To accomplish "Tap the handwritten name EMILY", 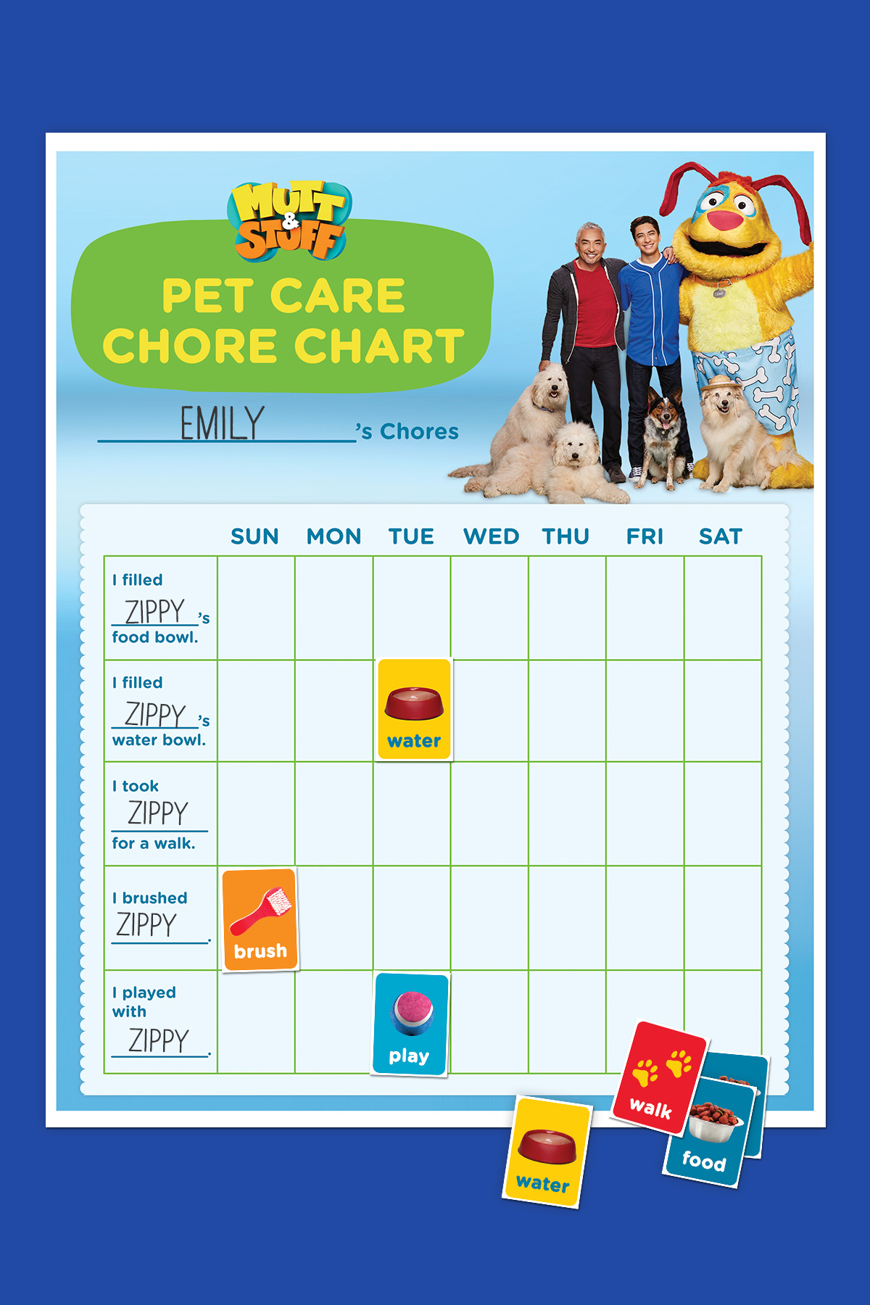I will pyautogui.click(x=222, y=424).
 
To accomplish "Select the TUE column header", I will pyautogui.click(x=411, y=536).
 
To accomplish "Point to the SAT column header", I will pyautogui.click(x=721, y=536).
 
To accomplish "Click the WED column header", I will pyautogui.click(x=491, y=536).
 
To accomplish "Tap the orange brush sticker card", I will pyautogui.click(x=260, y=919).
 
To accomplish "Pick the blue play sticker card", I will pyautogui.click(x=410, y=1024).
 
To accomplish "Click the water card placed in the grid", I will pyautogui.click(x=414, y=709).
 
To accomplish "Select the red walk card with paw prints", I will pyautogui.click(x=658, y=1077).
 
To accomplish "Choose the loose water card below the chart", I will pyautogui.click(x=546, y=1152).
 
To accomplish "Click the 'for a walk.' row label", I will pyautogui.click(x=154, y=843).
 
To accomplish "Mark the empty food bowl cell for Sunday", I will pyautogui.click(x=256, y=608).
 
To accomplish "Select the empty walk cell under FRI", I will pyautogui.click(x=645, y=813).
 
